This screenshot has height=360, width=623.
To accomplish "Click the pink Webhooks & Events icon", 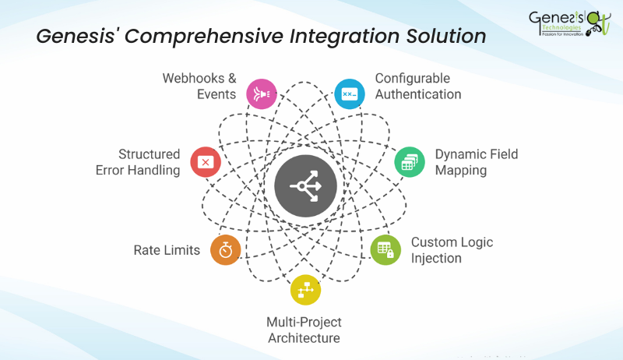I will tap(261, 94).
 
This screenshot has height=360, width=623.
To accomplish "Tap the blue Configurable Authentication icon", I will tap(350, 94).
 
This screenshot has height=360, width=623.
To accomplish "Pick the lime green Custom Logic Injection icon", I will tap(385, 249).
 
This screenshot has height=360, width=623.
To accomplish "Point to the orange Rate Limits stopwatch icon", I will tap(225, 250).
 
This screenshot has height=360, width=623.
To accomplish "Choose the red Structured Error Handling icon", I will tap(206, 161).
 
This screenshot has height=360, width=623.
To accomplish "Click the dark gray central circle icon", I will tap(305, 186).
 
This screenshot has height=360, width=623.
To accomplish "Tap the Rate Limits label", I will tap(167, 250).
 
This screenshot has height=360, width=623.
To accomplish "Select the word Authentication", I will tap(418, 94).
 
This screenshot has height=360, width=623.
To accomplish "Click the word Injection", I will tap(436, 258).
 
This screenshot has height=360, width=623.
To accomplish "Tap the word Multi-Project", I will tap(304, 322).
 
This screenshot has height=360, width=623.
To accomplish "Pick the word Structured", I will tap(149, 154).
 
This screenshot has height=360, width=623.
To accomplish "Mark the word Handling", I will tap(155, 170).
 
